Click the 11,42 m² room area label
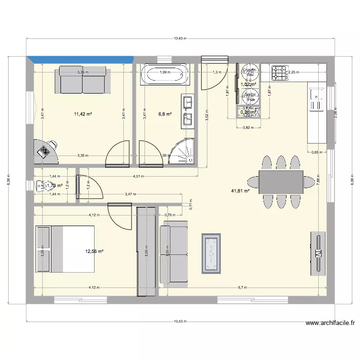83,114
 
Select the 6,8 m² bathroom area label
165,114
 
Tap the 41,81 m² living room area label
240,191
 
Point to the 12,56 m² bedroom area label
95,251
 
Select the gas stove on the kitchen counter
279,73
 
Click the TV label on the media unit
317,252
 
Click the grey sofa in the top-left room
83,80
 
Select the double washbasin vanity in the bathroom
188,111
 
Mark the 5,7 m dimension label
242,288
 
